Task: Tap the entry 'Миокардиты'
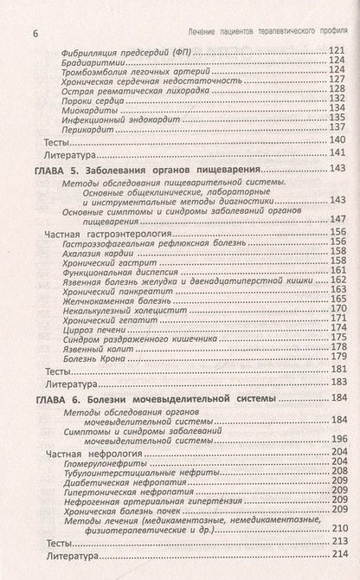point(90,109)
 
